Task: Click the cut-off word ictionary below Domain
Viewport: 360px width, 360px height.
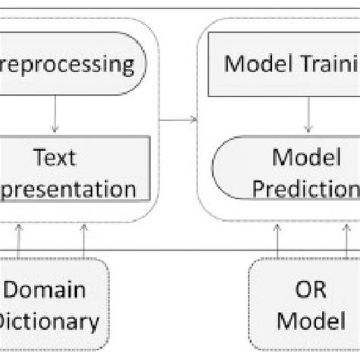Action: coord(49,321)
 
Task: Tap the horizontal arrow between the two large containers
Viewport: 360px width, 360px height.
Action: coord(179,118)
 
